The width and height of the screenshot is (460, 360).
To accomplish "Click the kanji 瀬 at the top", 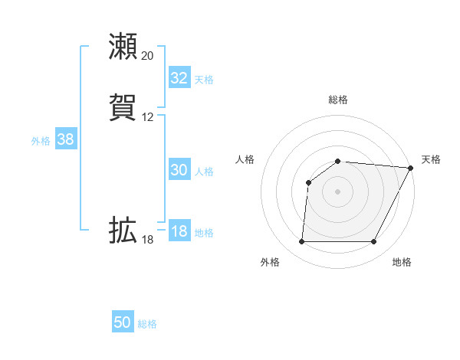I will pos(123,47).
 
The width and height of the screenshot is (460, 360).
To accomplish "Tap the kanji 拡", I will pos(123,231).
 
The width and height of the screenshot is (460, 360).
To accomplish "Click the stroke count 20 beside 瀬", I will pos(147,56).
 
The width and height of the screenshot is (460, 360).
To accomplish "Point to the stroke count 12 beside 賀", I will pos(147,117).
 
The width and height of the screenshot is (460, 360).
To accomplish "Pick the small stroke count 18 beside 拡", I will pos(147,240).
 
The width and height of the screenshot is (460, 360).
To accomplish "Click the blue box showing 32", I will pos(179,78).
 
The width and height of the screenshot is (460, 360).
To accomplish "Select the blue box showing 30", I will pos(179,170).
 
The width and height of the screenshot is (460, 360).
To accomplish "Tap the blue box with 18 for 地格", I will pos(179,231).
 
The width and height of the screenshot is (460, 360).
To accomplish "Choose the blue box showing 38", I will pos(65,139).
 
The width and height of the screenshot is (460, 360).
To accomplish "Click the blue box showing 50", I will pos(123,322).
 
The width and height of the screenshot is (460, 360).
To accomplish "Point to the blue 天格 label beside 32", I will pos(204,80).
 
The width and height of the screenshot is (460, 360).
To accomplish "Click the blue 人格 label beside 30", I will pos(204,172).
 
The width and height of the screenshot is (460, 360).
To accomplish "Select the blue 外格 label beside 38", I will pos(41,141).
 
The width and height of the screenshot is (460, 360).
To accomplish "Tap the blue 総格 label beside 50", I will pos(147,324).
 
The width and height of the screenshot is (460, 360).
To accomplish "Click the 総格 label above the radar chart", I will pos(338,100).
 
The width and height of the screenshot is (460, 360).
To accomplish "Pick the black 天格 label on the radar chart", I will pos(431,159).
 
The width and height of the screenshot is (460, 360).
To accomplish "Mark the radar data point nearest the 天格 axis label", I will pos(411,168).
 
